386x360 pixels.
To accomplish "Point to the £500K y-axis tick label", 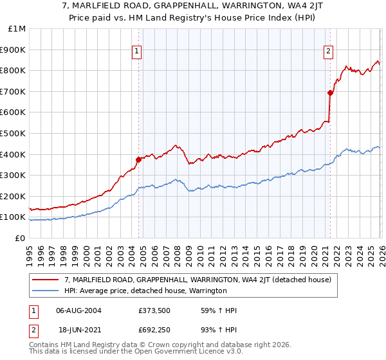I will point(13,134).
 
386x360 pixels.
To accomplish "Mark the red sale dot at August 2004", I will point(138,159).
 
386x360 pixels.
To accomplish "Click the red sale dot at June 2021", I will point(330,93).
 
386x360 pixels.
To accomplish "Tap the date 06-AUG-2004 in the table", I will point(78,310).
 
